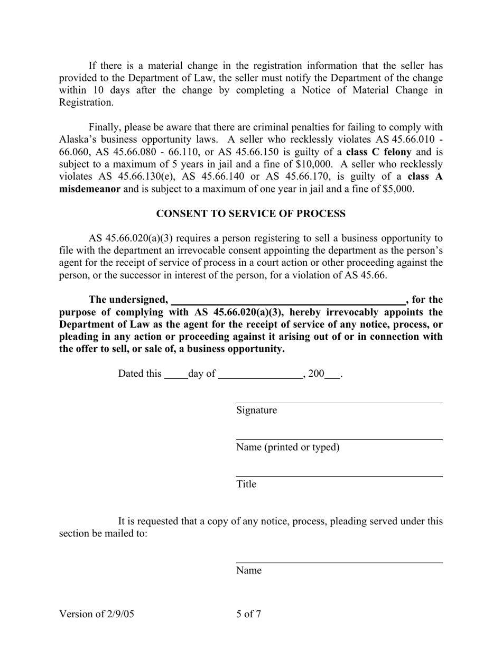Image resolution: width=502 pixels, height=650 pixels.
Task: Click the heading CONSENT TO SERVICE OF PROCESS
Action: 250,213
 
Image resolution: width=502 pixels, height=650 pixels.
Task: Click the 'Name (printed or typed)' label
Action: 287,448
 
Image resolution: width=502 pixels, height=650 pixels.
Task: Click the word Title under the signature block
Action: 246,484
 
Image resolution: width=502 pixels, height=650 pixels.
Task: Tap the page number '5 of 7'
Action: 248,614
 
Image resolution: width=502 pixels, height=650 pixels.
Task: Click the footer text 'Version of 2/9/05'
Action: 97,614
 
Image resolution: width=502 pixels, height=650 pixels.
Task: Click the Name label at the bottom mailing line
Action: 248,571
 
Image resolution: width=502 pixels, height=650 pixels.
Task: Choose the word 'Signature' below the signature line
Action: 256,411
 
